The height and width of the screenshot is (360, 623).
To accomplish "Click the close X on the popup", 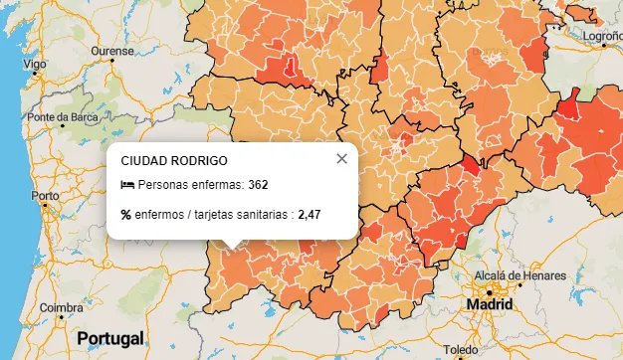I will click(x=341, y=158).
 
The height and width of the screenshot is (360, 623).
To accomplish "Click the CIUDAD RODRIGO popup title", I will click(x=174, y=160).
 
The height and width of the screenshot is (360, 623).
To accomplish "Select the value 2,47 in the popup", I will click(x=309, y=214).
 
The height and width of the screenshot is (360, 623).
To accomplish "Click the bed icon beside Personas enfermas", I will click(x=126, y=185).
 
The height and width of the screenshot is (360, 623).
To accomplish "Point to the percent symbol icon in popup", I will click(x=126, y=214).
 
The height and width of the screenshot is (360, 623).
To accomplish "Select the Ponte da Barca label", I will click(x=62, y=117).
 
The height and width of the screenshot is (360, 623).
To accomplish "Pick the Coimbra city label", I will click(x=61, y=308).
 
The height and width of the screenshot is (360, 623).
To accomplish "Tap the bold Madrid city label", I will click(x=490, y=303).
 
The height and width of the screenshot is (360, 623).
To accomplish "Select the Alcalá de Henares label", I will click(x=520, y=275).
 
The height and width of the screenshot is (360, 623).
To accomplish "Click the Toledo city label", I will click(x=461, y=351).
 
